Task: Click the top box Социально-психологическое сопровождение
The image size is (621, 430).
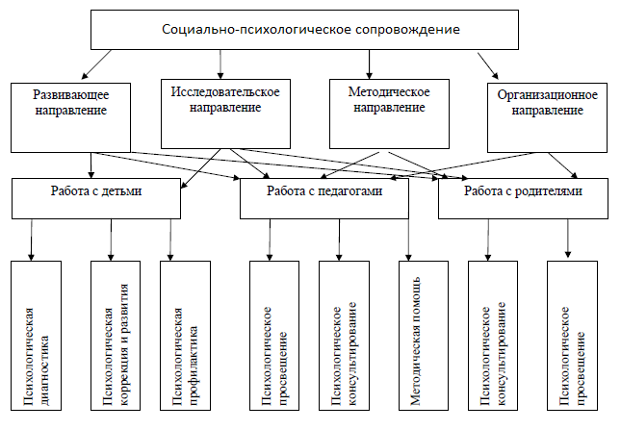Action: click(x=310, y=29)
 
